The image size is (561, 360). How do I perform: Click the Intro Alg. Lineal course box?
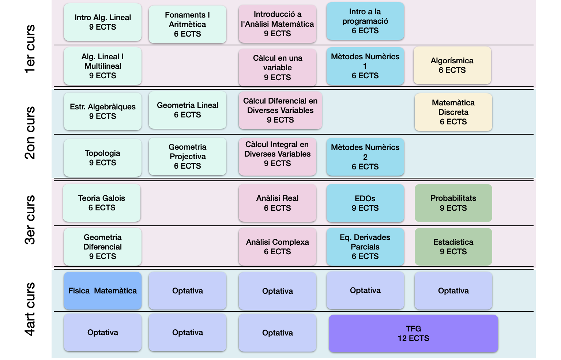102,22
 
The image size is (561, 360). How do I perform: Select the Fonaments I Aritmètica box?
187,25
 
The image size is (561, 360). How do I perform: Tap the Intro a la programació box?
365,21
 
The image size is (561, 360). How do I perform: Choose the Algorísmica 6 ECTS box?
452,65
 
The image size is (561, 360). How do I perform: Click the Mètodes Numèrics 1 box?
365,66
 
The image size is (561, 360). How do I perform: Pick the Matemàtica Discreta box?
453,112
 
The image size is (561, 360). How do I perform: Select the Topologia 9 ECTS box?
102,158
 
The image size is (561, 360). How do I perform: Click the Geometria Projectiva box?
187,157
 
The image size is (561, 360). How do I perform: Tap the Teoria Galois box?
102,203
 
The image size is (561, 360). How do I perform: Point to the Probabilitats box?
453,203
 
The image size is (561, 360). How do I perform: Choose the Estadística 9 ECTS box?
453,247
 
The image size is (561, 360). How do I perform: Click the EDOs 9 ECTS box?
365,203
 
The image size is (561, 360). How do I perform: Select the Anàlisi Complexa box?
277,247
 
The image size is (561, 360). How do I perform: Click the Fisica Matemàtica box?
102,291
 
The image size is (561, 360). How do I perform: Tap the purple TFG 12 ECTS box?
413,334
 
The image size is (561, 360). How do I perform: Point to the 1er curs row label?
30,49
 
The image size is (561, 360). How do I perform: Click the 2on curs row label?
30,133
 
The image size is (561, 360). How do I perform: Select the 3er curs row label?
30,220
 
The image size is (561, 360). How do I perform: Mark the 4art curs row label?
30,309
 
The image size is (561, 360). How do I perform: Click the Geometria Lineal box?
187,110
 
